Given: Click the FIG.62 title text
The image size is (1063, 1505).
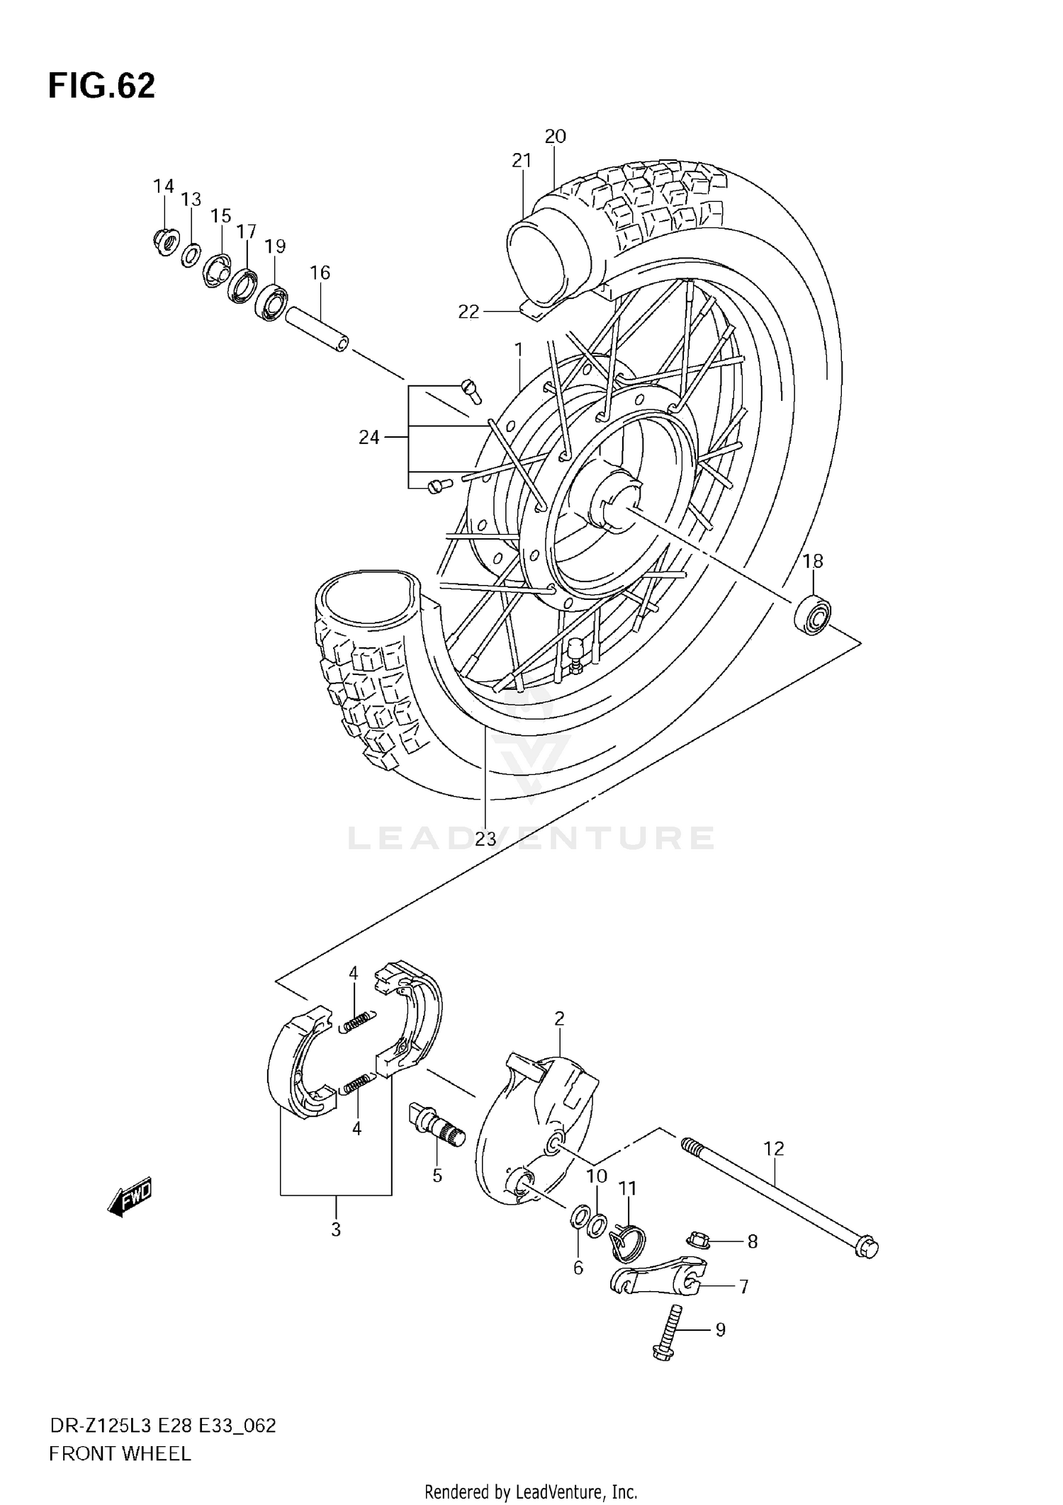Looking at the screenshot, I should point(101,86).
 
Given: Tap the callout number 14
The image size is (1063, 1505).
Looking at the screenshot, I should point(163,186).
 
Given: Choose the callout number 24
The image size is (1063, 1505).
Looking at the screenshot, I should point(369,438).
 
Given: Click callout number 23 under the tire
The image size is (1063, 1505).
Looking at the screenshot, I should point(485,839).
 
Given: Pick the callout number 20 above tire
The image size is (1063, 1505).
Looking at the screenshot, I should point(555,136).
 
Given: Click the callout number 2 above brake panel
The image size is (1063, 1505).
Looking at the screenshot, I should point(559,1018).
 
